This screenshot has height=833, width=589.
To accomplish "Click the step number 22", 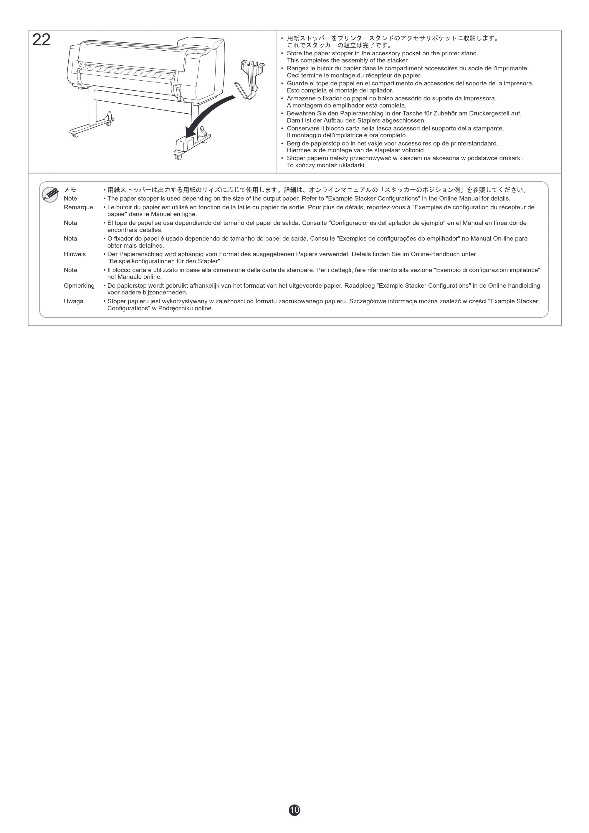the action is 41,40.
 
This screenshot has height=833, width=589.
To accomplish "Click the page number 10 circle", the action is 294,810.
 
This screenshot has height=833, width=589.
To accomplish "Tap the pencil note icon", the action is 50,194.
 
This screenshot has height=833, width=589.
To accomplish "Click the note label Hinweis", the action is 75,254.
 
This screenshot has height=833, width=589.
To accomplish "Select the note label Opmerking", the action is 79,286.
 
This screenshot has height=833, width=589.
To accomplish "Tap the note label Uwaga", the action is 74,302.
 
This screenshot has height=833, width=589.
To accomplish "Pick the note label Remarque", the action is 78,208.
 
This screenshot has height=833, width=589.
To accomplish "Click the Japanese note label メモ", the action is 70,190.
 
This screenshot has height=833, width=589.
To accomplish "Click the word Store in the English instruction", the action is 294,53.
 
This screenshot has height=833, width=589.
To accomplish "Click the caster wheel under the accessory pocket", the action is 178,157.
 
